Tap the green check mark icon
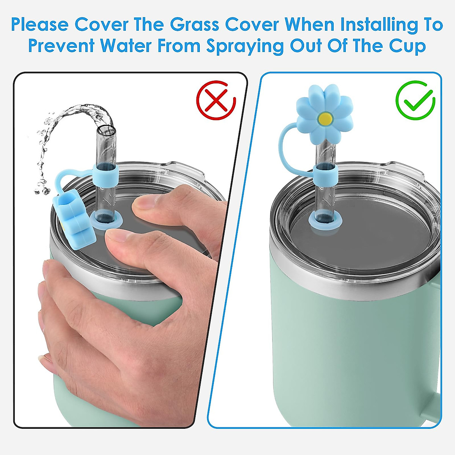click(x=415, y=100)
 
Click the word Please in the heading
click(x=40, y=25)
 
